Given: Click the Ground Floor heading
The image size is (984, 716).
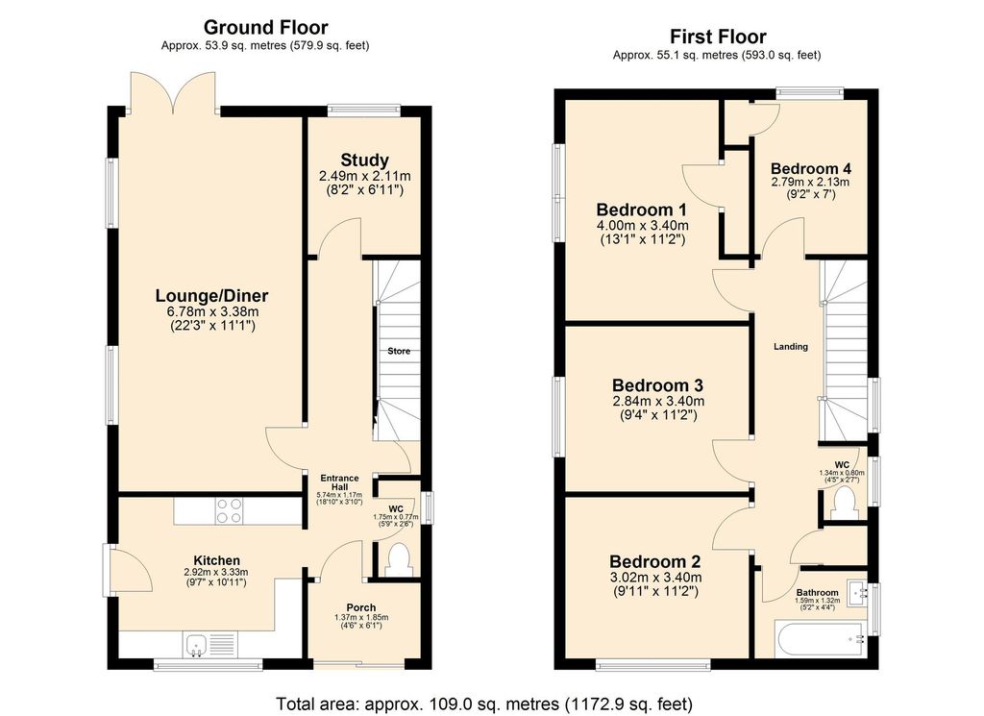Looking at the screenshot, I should tap(265, 28).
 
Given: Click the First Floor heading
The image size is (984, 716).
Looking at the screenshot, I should tap(717, 37).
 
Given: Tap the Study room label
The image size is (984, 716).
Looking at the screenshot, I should tap(364, 160).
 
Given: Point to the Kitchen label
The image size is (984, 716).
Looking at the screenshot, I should tap(216, 560).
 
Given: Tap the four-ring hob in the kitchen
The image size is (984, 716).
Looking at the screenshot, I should tap(230, 509).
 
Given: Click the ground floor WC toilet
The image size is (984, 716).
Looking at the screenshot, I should tap(397, 557).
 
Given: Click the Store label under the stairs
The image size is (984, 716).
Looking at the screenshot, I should tap(398, 352).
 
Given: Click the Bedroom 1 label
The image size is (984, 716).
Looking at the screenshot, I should tap(641, 210).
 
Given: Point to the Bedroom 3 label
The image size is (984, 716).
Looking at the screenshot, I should tap(658, 386).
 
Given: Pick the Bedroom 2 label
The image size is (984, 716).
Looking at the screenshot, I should tap(656, 562).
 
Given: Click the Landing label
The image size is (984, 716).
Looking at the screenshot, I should tap(792, 347).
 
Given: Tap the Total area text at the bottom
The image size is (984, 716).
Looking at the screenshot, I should tap(483, 703).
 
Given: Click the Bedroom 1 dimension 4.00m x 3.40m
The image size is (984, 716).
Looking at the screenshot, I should tap(641, 226).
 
